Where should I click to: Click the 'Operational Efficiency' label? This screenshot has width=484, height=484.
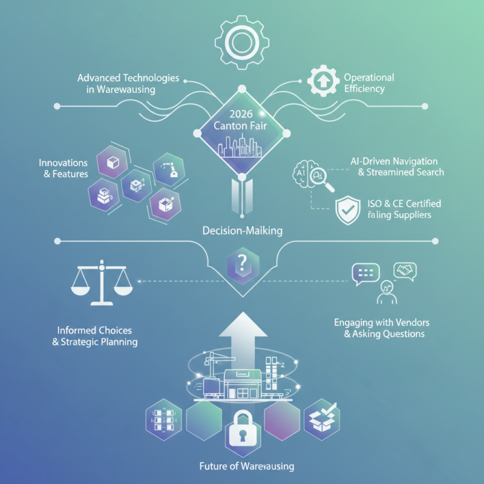[x=368, y=83]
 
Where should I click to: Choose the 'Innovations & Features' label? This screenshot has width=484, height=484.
[x=63, y=169]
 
